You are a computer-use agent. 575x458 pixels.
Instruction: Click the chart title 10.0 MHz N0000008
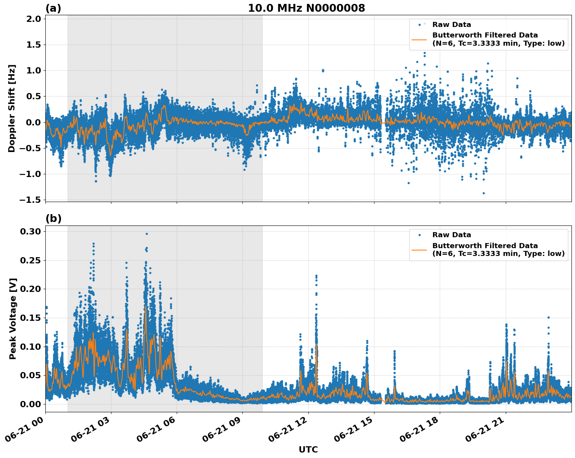click(306, 8)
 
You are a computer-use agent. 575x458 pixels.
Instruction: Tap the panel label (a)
click(53, 8)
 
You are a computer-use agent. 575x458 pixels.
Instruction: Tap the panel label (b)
click(54, 218)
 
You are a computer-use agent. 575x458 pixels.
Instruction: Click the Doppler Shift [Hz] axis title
click(12, 108)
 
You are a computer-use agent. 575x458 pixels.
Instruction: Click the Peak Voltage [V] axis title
click(13, 318)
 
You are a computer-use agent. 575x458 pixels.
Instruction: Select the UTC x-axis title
click(308, 449)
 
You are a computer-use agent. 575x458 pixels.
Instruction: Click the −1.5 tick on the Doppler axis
click(30, 200)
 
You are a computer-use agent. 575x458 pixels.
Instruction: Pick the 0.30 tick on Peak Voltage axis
click(30, 232)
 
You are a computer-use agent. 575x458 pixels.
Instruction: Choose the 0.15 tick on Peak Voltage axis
click(30, 318)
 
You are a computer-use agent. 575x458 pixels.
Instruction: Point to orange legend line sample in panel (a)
click(419, 39)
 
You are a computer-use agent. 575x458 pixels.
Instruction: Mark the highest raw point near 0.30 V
click(147, 234)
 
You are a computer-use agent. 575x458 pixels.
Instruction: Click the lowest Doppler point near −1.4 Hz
click(484, 193)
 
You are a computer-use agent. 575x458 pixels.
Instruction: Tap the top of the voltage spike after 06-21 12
click(316, 276)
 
